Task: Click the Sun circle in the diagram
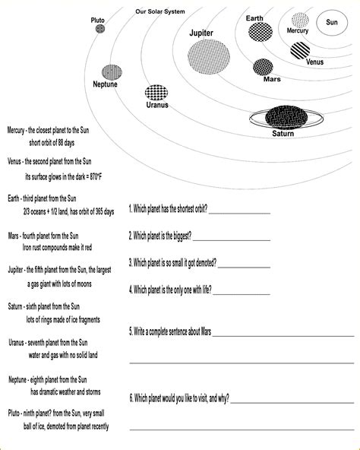click(331, 22)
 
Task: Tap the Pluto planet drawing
click(100, 29)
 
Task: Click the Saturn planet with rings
click(283, 117)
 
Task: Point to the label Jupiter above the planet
click(201, 33)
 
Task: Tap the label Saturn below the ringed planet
click(283, 134)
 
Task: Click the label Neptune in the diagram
click(105, 84)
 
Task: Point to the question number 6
click(131, 398)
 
